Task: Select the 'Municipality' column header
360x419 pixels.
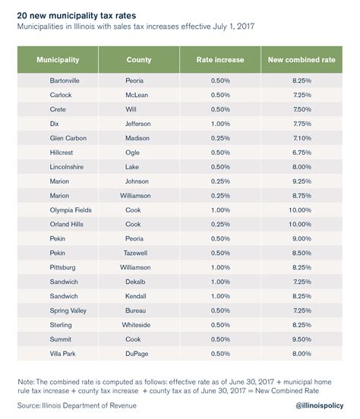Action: click(58, 59)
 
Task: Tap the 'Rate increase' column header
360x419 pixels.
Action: click(220, 59)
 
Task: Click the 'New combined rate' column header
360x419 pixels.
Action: click(302, 59)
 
